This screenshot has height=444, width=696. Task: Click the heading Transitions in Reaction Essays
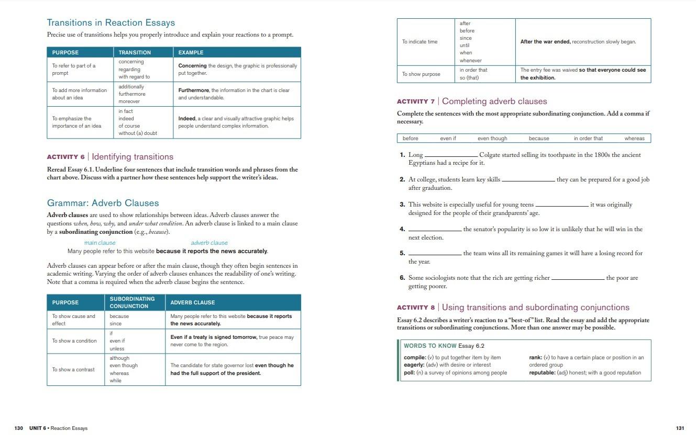[111, 23]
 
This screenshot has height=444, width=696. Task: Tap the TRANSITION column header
[135, 52]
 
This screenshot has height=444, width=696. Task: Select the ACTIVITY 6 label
[65, 157]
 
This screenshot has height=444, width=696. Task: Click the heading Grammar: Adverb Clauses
[103, 203]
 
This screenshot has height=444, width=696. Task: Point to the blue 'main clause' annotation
[100, 243]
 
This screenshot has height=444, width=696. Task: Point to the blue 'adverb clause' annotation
[209, 243]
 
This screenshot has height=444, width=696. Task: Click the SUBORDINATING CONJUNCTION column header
[132, 302]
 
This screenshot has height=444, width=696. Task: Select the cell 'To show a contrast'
[73, 369]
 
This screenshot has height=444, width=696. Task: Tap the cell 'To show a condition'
[74, 340]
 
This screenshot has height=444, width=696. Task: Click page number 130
[19, 428]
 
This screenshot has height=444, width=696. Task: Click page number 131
[680, 428]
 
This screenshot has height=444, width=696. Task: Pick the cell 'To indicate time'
[419, 42]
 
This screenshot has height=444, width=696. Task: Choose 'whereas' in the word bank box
[634, 139]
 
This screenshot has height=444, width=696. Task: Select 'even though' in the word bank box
[492, 139]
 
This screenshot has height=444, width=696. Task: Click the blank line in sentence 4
[435, 230]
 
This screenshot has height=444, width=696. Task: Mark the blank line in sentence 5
[435, 255]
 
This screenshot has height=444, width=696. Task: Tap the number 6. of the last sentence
[402, 278]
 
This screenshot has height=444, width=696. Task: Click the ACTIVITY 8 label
[416, 308]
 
